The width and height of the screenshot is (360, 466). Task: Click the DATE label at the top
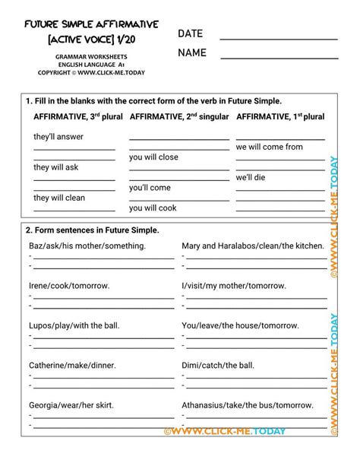pos(191,34)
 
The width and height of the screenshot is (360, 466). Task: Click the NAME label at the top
pos(193,53)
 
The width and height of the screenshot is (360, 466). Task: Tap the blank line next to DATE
pos(278,37)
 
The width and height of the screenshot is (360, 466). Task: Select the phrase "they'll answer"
pos(58,137)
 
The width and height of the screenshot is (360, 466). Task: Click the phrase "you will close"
pos(153,157)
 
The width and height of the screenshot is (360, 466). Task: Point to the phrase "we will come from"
pos(269,147)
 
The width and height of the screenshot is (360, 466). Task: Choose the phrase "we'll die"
pos(251,177)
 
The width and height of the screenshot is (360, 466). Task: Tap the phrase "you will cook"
pos(153,208)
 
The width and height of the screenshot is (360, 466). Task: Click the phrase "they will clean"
pos(59,198)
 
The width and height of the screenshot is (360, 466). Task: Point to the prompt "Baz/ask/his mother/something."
pos(87,246)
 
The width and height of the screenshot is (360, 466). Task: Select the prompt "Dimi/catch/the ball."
pos(218,365)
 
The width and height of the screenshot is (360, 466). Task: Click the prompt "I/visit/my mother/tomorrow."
pos(234,286)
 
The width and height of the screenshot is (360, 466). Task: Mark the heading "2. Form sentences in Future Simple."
pos(92,230)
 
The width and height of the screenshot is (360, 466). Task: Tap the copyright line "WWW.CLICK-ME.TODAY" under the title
pos(91,73)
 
